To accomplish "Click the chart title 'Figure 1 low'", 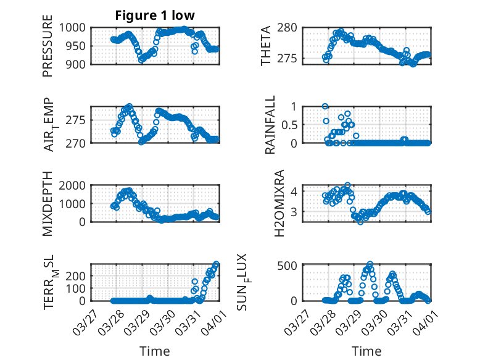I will click(x=155, y=15).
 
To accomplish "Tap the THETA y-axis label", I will click(x=266, y=45).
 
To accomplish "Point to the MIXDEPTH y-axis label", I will click(x=48, y=203).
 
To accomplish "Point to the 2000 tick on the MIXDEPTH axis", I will click(x=77, y=185).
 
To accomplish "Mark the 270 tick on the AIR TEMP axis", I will click(x=80, y=143).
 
